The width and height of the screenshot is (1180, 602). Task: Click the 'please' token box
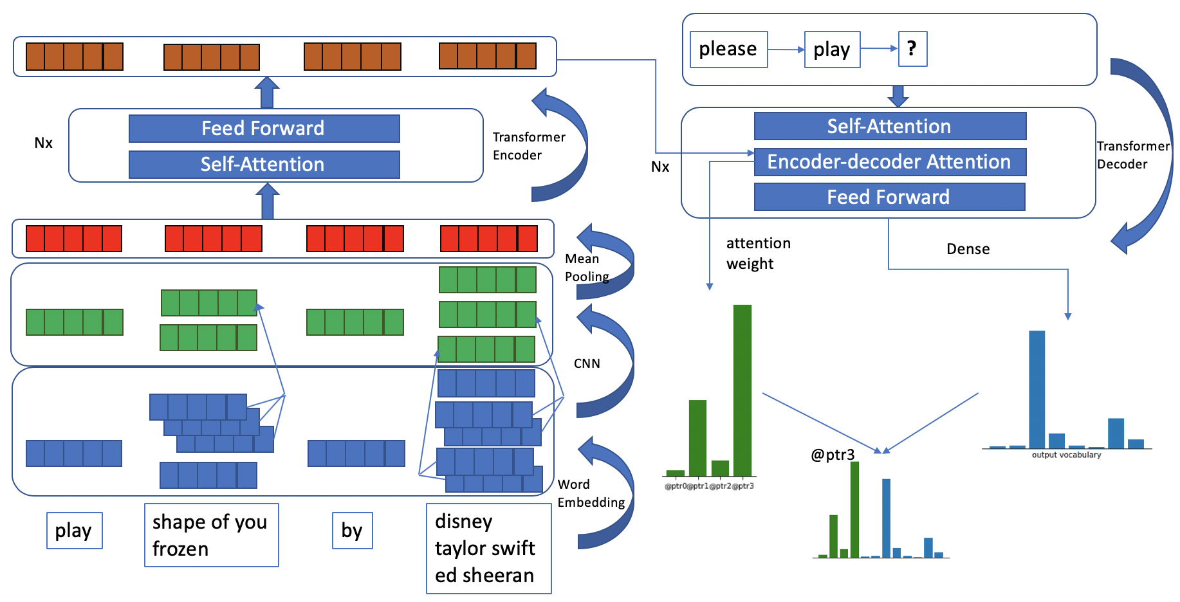pos(728,50)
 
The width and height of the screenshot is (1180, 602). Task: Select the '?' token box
pos(912,49)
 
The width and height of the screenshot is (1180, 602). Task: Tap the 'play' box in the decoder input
pos(832,50)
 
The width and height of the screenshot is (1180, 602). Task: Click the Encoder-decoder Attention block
pos(889,162)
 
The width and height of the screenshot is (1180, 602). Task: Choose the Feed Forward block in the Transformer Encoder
pos(264,129)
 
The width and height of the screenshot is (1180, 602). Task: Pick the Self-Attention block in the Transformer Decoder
pos(889,127)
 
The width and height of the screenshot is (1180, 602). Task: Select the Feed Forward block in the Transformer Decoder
pos(889,197)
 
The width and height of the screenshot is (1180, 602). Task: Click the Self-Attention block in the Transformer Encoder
pos(264,165)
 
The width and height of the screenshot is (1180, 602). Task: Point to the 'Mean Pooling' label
pos(586,268)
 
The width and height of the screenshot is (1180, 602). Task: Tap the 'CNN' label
pos(587,364)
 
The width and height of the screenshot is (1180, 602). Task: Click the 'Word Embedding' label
pos(590,493)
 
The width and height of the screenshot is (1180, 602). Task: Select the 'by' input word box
pos(352,531)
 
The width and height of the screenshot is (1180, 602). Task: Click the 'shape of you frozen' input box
pos(211,535)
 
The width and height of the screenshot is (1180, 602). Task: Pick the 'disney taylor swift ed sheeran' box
pos(488,549)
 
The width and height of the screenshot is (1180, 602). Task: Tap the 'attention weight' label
pos(758,253)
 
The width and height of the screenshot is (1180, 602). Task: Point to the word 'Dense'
pos(968,250)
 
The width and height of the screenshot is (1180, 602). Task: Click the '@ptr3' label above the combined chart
pos(833,455)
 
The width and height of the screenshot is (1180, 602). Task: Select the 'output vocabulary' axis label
pos(1066,455)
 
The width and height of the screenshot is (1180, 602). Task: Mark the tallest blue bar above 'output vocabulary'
pos(1037,389)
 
